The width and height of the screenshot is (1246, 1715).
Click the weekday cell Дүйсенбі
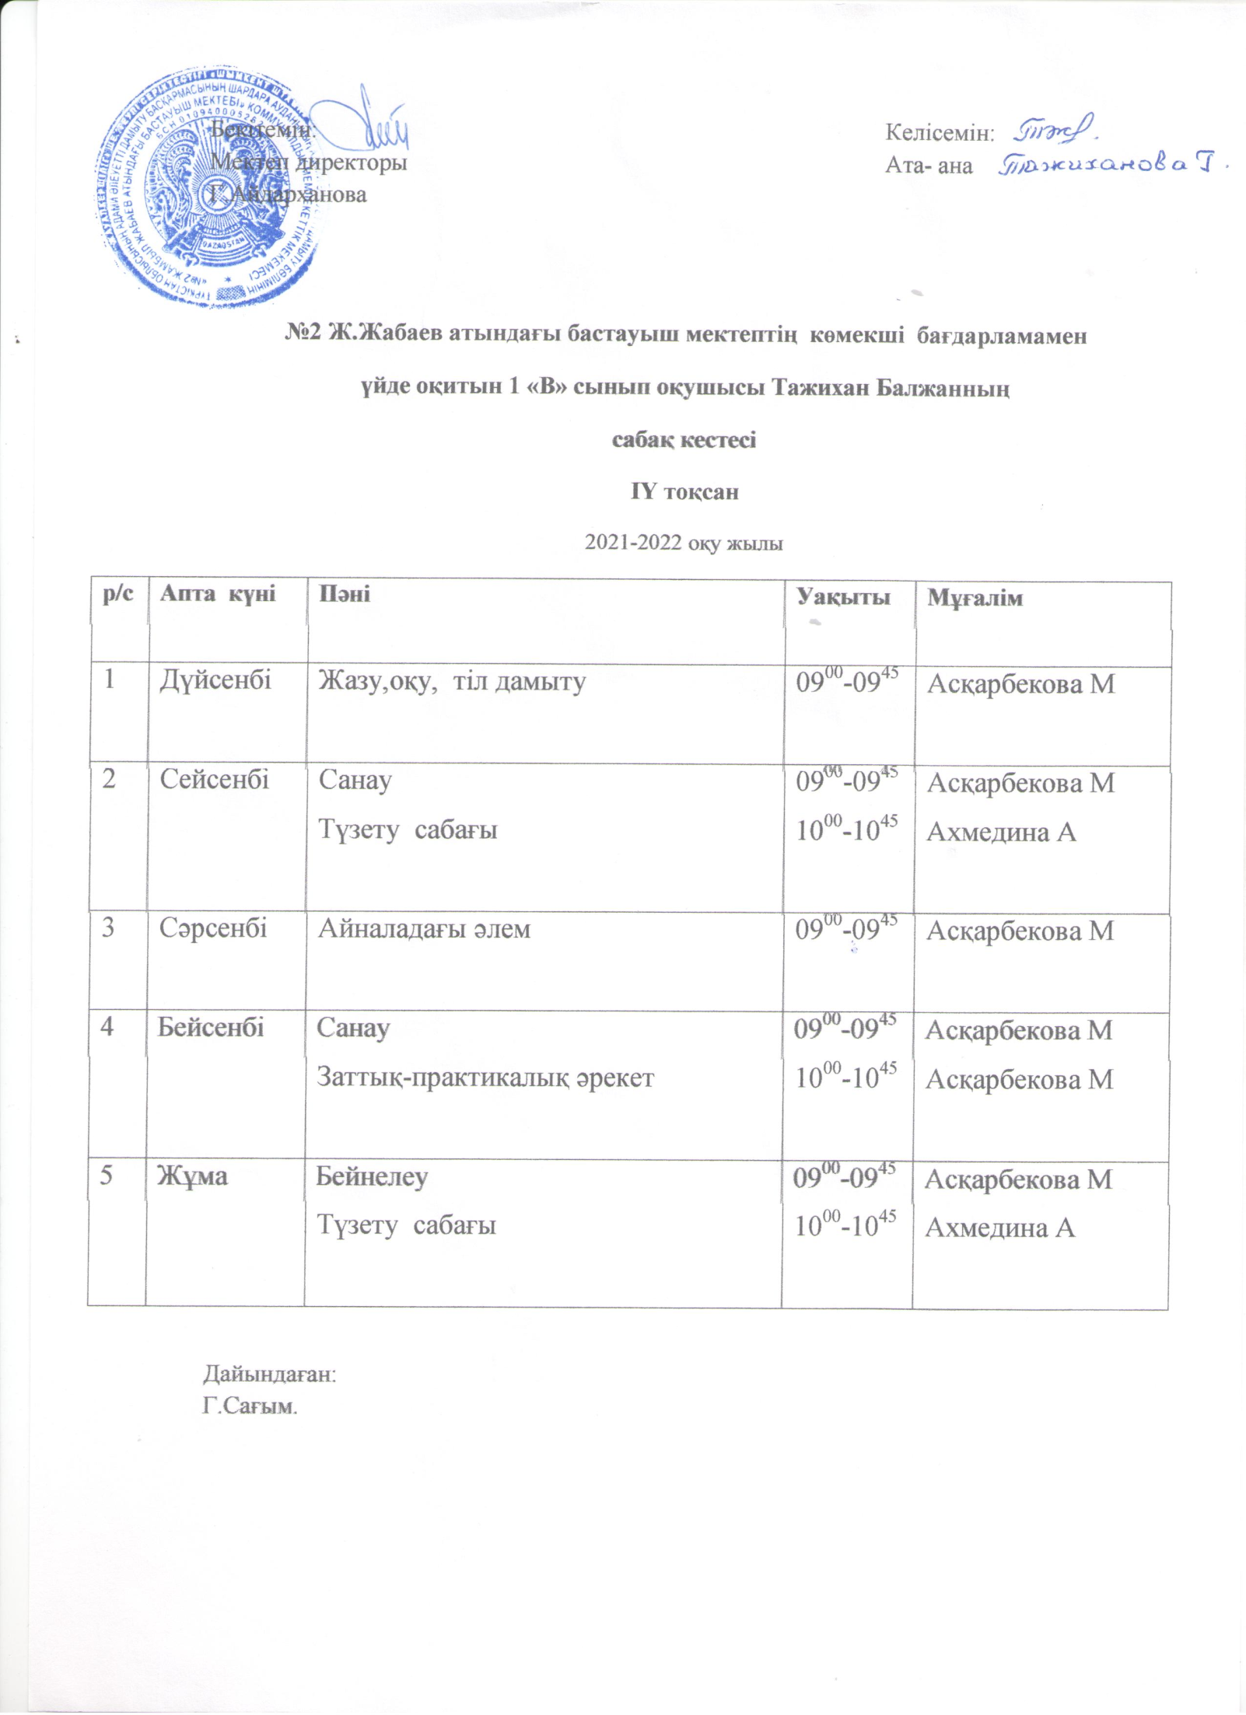[x=215, y=681]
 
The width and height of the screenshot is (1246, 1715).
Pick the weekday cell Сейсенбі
[x=215, y=779]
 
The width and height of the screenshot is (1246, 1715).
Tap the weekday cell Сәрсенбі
[x=213, y=927]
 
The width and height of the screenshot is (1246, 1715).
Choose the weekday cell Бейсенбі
[x=211, y=1027]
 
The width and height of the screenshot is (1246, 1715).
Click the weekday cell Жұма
[x=193, y=1175]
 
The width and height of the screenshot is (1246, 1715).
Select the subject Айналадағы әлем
[x=424, y=929]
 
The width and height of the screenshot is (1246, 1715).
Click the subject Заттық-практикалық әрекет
[x=485, y=1078]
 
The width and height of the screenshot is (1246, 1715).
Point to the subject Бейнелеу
[x=371, y=1176]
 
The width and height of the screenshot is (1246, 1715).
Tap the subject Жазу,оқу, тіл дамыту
[x=451, y=683]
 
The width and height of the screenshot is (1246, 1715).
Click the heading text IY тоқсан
[x=684, y=492]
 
